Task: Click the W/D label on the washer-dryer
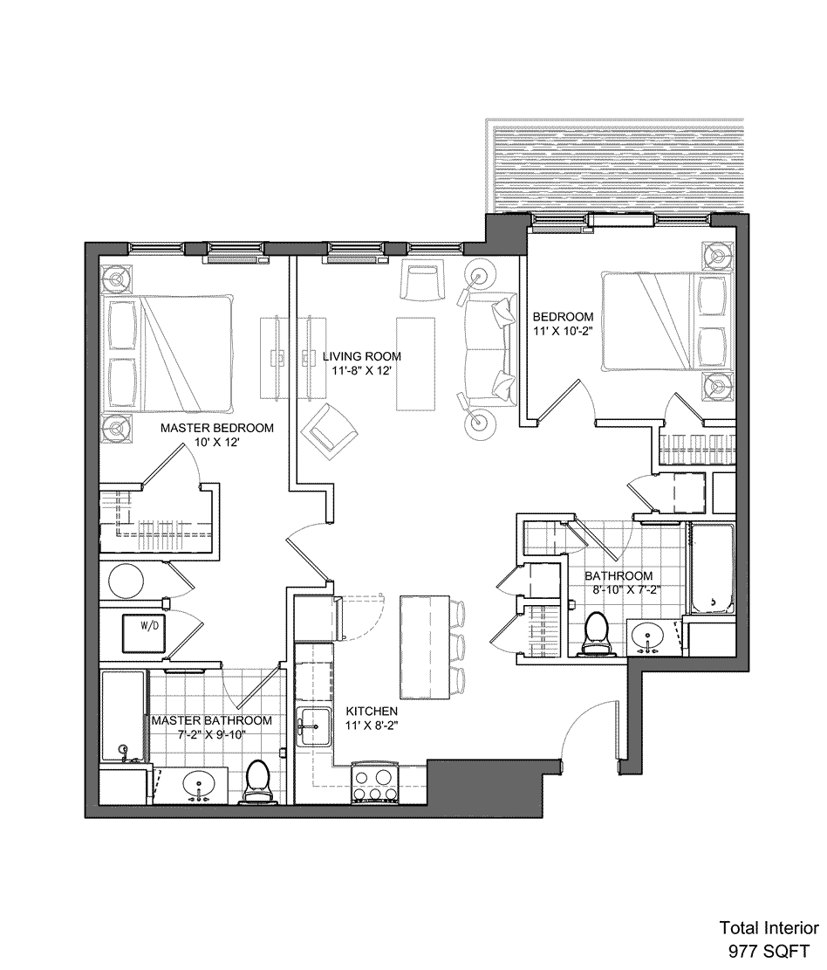click(149, 625)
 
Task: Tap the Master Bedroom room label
click(217, 428)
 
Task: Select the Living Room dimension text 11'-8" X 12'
click(361, 370)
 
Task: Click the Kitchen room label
click(372, 712)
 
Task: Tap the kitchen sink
click(314, 725)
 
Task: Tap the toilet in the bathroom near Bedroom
click(598, 633)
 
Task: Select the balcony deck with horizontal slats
click(619, 167)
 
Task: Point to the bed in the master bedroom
click(168, 354)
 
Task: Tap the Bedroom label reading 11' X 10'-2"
click(564, 324)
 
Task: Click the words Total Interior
click(769, 928)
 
